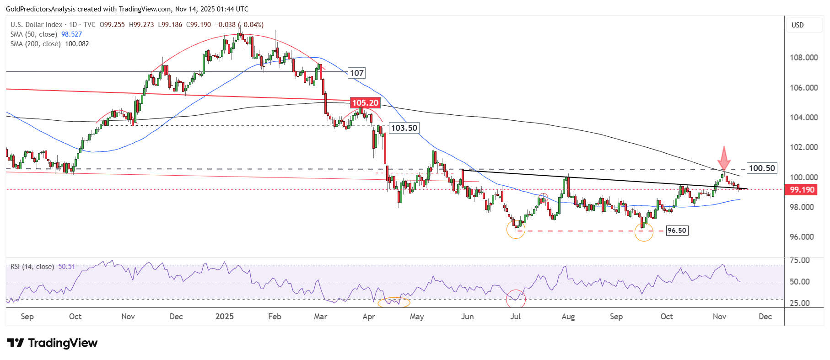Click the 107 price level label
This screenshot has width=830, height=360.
356,73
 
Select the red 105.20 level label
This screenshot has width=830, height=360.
365,103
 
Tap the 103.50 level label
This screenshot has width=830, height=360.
404,128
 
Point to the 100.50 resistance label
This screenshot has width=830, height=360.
761,168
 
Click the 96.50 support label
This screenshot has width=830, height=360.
676,231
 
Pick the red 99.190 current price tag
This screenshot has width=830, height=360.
801,190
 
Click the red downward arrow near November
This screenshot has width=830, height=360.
723,158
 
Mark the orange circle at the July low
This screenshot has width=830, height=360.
516,229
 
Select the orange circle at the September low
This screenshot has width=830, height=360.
643,232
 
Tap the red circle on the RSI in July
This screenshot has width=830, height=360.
516,299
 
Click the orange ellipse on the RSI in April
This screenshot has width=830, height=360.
394,302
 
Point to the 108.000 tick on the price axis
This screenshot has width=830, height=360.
803,58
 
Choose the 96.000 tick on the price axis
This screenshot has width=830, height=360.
803,237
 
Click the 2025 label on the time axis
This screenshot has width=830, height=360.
224,317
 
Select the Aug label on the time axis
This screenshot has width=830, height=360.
568,317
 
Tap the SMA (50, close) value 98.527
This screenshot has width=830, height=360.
71,34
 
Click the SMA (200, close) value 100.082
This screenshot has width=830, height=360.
77,44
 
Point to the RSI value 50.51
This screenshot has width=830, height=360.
66,267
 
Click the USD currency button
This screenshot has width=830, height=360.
798,25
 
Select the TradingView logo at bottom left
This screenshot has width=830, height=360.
52,343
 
